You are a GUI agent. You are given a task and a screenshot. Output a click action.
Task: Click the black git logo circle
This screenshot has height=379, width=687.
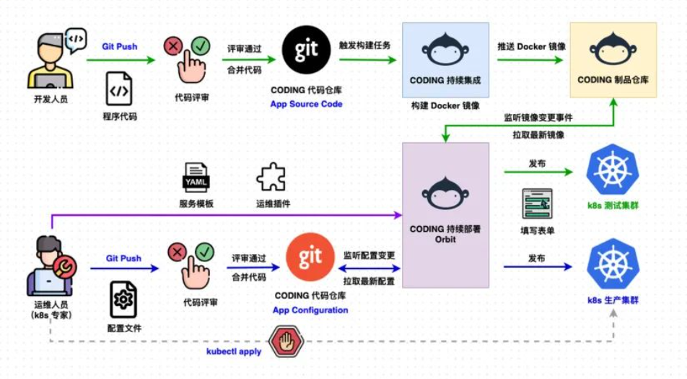(x=306, y=50)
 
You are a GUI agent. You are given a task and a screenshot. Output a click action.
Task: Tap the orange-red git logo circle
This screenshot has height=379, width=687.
(x=310, y=257)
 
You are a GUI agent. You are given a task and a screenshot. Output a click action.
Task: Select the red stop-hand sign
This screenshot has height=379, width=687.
(x=286, y=341)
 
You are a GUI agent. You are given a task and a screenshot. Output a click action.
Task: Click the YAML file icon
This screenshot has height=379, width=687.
(x=196, y=178)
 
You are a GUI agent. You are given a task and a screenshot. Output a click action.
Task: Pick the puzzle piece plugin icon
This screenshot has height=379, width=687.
(x=271, y=177)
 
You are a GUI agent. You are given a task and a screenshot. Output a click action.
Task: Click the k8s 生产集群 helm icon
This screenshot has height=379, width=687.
(x=613, y=263)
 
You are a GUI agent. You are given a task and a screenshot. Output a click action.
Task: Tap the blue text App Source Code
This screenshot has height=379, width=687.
(x=306, y=104)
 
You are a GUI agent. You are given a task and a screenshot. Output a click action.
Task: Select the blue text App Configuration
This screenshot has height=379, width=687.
(x=310, y=310)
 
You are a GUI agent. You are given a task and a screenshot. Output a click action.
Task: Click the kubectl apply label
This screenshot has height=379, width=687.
(x=234, y=352)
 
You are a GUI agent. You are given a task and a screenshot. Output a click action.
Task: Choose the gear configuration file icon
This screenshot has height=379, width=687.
(x=123, y=300)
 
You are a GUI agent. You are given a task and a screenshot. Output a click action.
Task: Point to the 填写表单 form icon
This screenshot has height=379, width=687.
(x=537, y=204)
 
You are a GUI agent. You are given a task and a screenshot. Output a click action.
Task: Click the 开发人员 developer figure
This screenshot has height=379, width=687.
(x=51, y=61)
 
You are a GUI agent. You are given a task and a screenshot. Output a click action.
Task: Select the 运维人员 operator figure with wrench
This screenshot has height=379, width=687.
(x=51, y=266)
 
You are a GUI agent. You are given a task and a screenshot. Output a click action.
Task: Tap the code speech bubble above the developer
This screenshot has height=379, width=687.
(x=76, y=40)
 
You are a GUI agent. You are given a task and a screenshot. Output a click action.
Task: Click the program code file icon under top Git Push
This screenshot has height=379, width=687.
(x=119, y=89)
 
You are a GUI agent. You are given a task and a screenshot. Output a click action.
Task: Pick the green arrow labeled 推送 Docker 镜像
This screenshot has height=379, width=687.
(x=530, y=60)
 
